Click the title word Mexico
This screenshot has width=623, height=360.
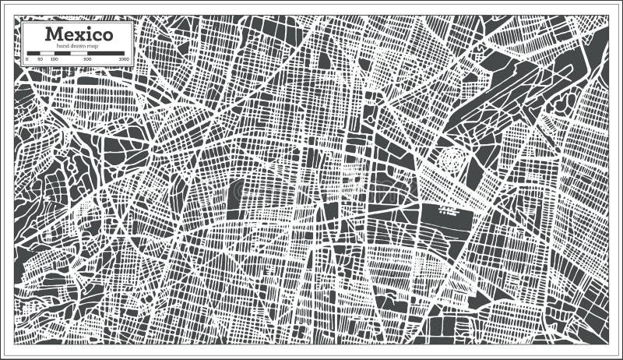78,34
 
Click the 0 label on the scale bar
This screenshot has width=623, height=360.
27,59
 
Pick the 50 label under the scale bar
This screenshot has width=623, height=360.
40,59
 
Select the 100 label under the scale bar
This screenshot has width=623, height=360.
54,59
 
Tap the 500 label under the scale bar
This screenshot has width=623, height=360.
87,59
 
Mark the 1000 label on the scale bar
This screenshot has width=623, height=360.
123,59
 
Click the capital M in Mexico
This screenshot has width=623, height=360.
53,34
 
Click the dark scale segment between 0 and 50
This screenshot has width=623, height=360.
33,54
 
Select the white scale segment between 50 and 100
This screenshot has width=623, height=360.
47,54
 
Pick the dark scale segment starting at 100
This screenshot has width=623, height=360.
62,54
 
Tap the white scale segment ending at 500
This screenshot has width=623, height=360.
79,54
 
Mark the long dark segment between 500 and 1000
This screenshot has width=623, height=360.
107,54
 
